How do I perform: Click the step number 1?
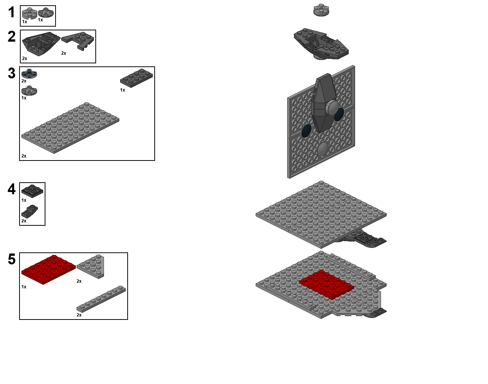tap(12, 12)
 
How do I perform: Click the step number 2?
tap(12, 36)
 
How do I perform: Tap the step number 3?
tap(12, 73)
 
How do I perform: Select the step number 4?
tap(12, 189)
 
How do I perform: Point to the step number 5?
tap(12, 259)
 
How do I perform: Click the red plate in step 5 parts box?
tap(48, 269)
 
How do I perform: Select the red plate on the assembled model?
tap(327, 285)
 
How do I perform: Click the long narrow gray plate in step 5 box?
tap(101, 299)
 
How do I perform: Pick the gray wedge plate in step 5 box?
tap(91, 267)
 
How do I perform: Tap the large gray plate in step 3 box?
tap(70, 128)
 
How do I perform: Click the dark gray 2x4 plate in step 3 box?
tap(137, 78)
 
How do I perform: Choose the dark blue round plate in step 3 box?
tap(29, 73)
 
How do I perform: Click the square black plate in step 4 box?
tap(32, 191)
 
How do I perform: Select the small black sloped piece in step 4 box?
tap(30, 211)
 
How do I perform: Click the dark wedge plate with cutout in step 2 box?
tap(78, 41)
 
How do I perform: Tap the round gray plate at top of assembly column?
tap(321, 10)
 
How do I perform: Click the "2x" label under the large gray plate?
tap(24, 156)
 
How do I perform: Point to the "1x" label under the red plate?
tap(24, 287)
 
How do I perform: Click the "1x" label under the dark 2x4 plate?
tap(122, 90)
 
